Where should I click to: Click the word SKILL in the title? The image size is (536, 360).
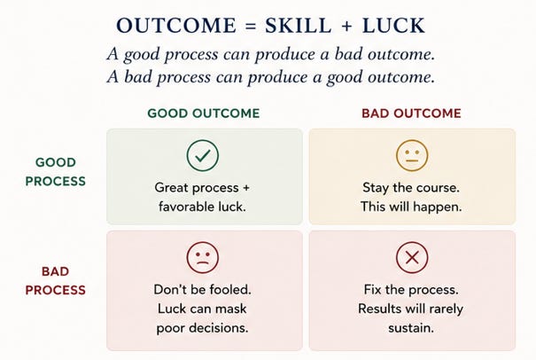click(298, 26)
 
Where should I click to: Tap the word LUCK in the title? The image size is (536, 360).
click(393, 26)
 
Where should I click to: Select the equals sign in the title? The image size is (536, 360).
click(251, 26)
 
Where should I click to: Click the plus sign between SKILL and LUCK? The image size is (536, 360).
click(346, 26)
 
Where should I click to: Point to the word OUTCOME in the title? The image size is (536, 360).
click(176, 26)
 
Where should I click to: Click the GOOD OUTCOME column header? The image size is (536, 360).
click(204, 113)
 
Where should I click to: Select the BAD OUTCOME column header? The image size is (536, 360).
click(412, 113)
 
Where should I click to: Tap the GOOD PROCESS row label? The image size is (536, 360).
click(56, 171)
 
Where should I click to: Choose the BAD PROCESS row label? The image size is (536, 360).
click(56, 280)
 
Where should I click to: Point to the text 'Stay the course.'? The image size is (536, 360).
click(411, 187)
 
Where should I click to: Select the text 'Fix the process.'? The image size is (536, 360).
click(411, 290)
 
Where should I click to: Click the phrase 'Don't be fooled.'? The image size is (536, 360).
click(202, 289)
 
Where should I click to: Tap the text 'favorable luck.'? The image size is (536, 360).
click(202, 207)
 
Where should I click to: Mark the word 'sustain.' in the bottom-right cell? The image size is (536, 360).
click(411, 328)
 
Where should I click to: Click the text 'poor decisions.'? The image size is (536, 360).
click(202, 328)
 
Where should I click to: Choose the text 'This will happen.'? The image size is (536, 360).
click(411, 207)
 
